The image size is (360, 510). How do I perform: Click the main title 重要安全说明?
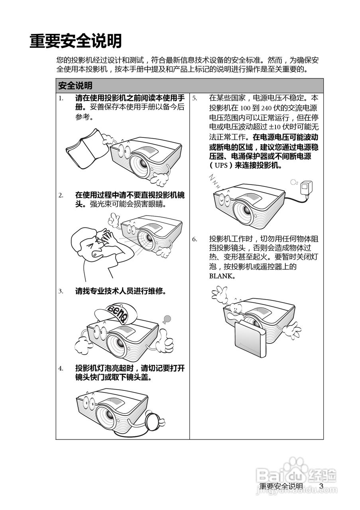coord(75,41)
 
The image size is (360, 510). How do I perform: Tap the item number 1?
coord(61,98)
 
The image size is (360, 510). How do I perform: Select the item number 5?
coord(195,98)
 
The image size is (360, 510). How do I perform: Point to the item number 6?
coord(195,239)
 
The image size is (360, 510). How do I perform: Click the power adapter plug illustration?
coord(307,187)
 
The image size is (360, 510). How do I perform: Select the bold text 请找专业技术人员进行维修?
coord(120,291)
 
